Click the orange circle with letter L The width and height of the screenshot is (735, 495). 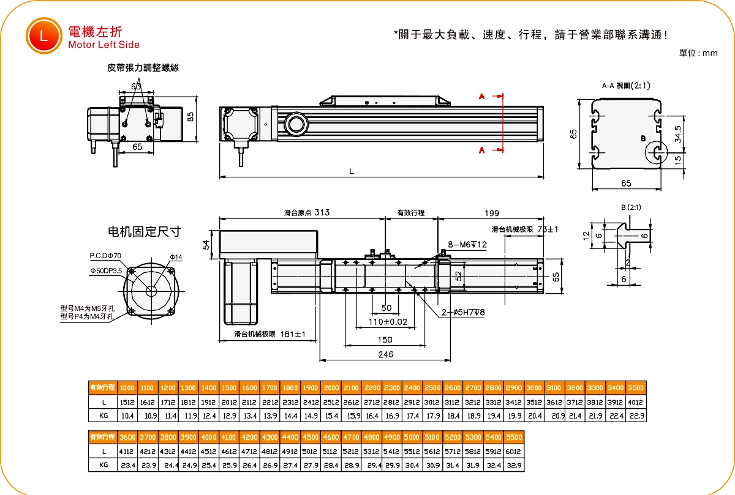tap(43, 35)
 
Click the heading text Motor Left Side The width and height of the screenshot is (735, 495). tap(104, 45)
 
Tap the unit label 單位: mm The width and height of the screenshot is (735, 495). tap(698, 53)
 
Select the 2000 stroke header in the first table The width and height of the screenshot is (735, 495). tap(331, 388)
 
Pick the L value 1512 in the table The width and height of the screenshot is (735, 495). tap(127, 402)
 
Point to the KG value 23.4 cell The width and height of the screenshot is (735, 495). tap(127, 466)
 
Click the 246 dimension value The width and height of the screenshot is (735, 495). tap(385, 354)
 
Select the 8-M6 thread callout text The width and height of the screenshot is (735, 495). tap(467, 245)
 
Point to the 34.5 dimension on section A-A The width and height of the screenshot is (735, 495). tap(677, 134)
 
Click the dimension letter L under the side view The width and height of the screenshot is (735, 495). tap(352, 172)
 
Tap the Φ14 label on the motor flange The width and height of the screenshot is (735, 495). tap(176, 256)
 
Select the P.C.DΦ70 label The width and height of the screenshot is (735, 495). tap(105, 255)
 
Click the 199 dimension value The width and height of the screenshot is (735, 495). tap(491, 213)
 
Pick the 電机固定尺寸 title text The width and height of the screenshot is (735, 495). tap(145, 231)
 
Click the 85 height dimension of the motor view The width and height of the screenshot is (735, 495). tap(190, 117)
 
